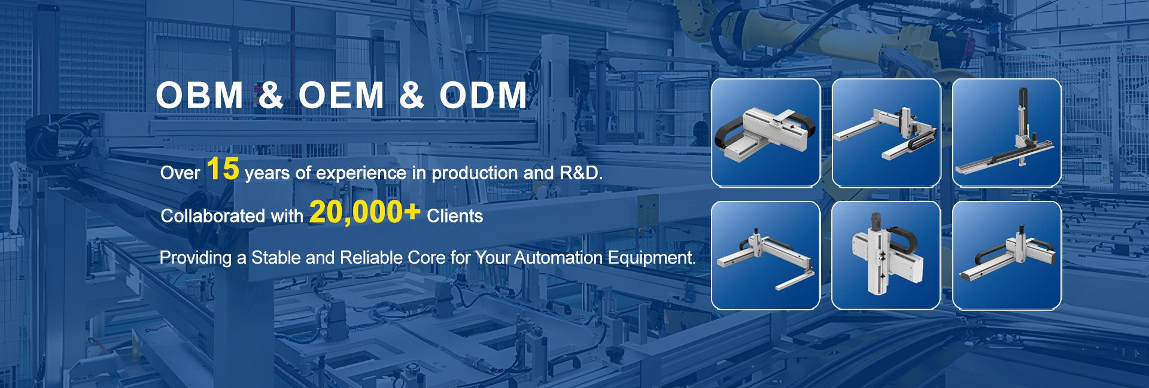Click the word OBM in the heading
click(x=199, y=95)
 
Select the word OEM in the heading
click(x=341, y=95)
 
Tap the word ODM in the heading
click(x=484, y=95)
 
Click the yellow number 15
click(x=223, y=169)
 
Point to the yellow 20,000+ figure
click(x=365, y=212)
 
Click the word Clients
click(x=455, y=216)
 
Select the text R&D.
click(x=580, y=173)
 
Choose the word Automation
click(x=558, y=258)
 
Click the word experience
click(x=361, y=173)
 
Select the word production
click(x=475, y=173)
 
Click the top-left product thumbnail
click(x=765, y=133)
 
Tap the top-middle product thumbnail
click(x=886, y=133)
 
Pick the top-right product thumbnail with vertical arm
click(x=1007, y=133)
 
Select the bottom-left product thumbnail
click(x=765, y=255)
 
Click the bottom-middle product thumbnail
click(x=886, y=255)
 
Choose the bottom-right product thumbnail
click(x=1007, y=255)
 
